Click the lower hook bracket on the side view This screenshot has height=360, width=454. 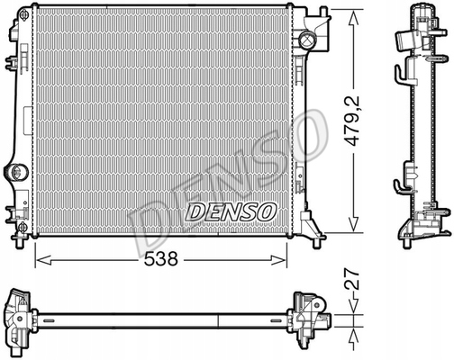pos(403,186)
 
